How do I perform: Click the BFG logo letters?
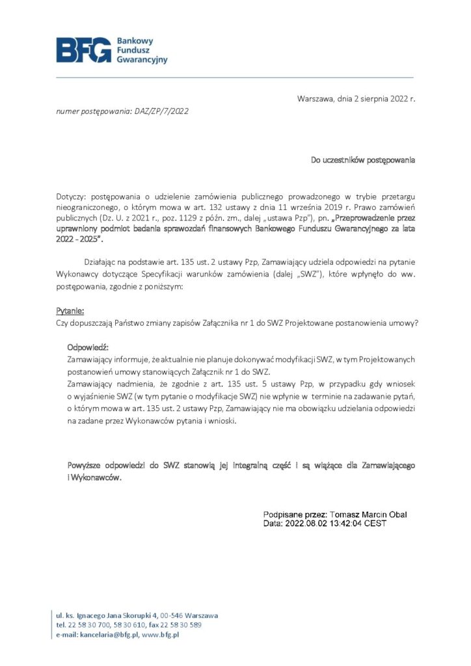click(x=83, y=50)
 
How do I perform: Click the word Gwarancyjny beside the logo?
click(x=142, y=59)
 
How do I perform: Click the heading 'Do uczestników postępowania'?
click(x=362, y=159)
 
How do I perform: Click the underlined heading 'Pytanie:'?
click(x=70, y=311)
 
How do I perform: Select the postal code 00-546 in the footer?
click(x=172, y=615)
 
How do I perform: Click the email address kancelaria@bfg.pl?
click(x=109, y=634)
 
